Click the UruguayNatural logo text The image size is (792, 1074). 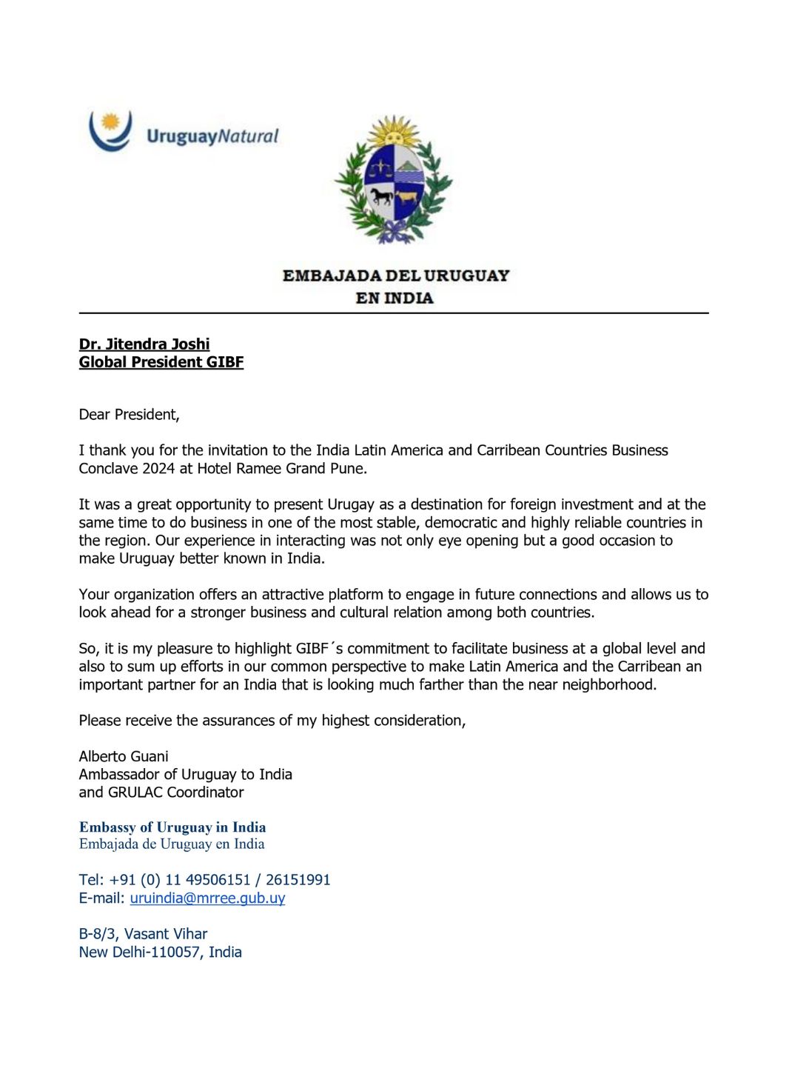212,136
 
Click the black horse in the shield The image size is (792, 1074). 381,196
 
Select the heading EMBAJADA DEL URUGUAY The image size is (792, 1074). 395,276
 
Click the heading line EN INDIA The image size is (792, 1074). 394,298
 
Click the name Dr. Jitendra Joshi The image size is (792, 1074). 144,344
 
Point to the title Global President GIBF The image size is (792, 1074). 161,362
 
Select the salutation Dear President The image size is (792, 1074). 129,415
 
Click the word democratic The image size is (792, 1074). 460,523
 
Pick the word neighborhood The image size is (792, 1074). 608,685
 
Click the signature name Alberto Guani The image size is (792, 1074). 124,756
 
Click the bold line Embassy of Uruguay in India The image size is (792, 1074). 172,827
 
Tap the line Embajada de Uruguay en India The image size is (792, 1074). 172,844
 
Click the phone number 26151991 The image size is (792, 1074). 298,880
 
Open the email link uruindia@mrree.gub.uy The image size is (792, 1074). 207,898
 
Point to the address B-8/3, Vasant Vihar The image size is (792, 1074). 143,934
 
